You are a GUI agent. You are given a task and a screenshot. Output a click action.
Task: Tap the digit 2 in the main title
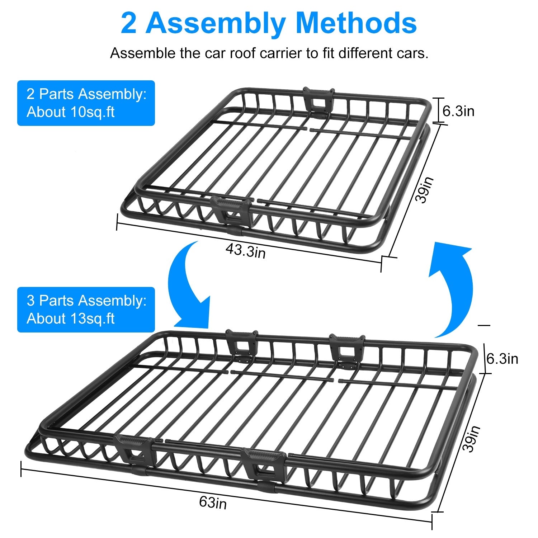[128, 24]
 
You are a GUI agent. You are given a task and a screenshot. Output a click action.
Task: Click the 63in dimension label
[213, 502]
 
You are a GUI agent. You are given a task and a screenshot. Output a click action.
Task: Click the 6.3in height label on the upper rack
[458, 111]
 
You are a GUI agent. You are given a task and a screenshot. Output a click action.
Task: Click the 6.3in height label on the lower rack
[502, 359]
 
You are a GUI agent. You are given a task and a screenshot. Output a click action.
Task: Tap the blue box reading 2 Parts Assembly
[86, 103]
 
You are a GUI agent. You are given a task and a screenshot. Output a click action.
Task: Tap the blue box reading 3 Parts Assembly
[86, 310]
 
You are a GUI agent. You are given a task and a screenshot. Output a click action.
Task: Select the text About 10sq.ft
[71, 112]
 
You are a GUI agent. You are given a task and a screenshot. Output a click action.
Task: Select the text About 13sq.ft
[71, 318]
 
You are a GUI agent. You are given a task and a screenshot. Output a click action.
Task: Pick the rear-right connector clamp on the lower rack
[347, 350]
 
